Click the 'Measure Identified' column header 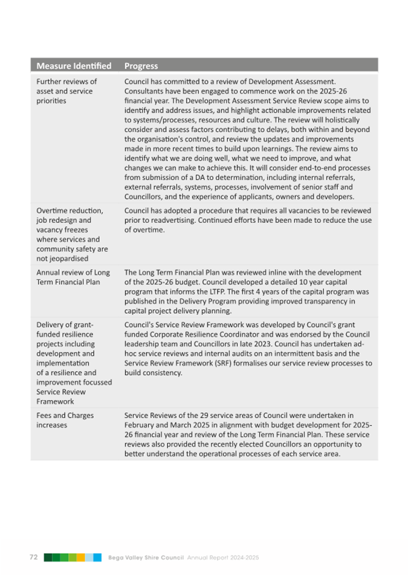(74, 66)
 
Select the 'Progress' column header (141, 66)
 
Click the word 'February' (140, 426)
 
